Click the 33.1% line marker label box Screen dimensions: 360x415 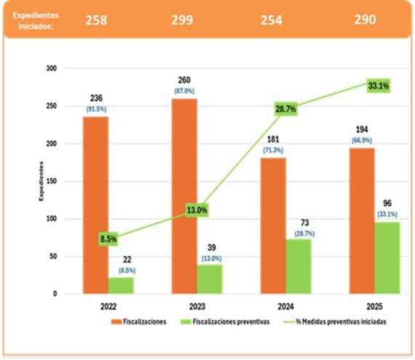point(377,86)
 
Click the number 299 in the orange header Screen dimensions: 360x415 point(182,20)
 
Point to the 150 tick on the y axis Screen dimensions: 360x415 point(50,181)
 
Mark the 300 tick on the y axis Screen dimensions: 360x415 point(50,68)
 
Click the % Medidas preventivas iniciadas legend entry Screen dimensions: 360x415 point(344,321)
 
